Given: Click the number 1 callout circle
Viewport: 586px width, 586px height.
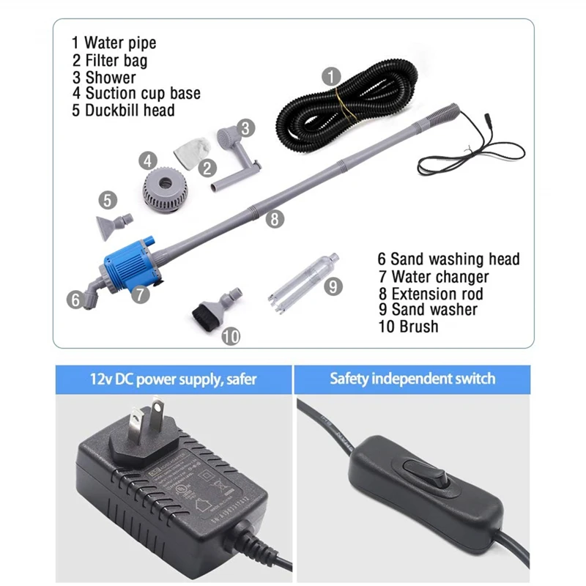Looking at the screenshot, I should tap(332, 75).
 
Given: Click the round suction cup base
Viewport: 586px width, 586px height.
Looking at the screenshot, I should tap(167, 190).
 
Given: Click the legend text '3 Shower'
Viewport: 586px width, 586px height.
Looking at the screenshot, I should tap(103, 77).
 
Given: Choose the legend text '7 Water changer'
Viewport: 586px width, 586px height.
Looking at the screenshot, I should tap(433, 277).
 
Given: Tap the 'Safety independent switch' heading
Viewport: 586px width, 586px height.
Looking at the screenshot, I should tap(412, 379).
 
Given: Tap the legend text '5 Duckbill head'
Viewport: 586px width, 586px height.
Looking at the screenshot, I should tap(122, 111).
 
